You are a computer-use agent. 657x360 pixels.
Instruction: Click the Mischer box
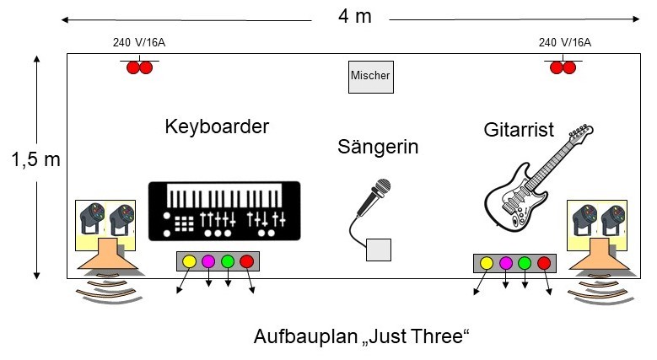[371, 77]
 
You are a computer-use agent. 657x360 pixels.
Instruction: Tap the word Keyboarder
[217, 126]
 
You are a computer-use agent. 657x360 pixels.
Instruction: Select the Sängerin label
[378, 147]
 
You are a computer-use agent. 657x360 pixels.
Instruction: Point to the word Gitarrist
[519, 130]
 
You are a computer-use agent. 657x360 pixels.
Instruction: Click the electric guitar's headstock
[581, 131]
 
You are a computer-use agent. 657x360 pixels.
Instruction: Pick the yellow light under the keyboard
[190, 261]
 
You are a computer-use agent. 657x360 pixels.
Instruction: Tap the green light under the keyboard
[228, 261]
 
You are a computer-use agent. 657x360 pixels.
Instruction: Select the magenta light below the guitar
[506, 263]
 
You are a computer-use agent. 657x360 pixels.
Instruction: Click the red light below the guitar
[544, 263]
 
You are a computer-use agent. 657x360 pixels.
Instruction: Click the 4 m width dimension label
[355, 16]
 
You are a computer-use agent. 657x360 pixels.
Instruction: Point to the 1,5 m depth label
[36, 159]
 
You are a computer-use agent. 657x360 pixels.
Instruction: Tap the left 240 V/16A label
[139, 42]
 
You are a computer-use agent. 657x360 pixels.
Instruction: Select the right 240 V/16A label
[565, 42]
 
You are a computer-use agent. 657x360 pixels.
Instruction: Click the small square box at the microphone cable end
[379, 250]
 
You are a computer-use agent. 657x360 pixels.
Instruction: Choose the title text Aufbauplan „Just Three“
[361, 336]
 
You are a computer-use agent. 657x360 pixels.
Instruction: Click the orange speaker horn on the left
[108, 255]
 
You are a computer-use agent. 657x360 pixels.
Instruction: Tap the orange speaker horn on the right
[600, 255]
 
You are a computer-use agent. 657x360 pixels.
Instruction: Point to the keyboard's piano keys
[224, 195]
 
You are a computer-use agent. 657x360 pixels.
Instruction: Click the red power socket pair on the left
[139, 67]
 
